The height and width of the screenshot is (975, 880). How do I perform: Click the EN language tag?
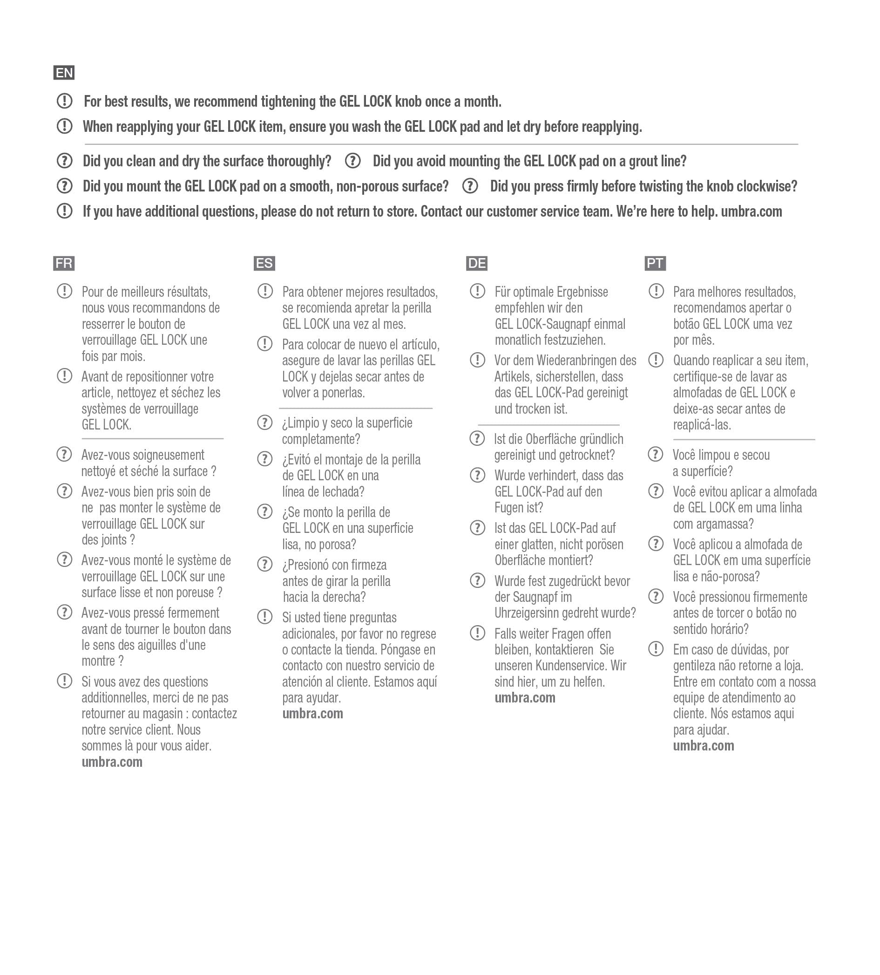(64, 73)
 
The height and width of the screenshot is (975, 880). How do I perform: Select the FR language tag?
(64, 264)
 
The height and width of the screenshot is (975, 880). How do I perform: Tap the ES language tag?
(264, 264)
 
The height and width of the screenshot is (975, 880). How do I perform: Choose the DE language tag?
(477, 264)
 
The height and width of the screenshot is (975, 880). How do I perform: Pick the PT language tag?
(655, 264)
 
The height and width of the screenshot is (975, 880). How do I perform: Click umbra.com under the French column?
(112, 762)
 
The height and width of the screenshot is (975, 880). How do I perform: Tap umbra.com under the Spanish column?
(312, 714)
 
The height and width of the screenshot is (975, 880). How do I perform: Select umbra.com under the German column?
(525, 698)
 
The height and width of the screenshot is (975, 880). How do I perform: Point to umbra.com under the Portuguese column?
(703, 746)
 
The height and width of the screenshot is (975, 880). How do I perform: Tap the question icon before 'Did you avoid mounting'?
(353, 161)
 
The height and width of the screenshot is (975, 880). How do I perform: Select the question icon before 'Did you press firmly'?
(470, 186)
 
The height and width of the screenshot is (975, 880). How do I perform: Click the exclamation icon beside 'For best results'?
(64, 101)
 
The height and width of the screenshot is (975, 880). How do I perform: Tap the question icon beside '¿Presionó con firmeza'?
(264, 564)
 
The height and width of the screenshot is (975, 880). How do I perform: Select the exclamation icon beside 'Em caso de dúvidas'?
(656, 648)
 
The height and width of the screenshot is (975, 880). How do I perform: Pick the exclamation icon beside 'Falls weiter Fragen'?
(477, 633)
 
